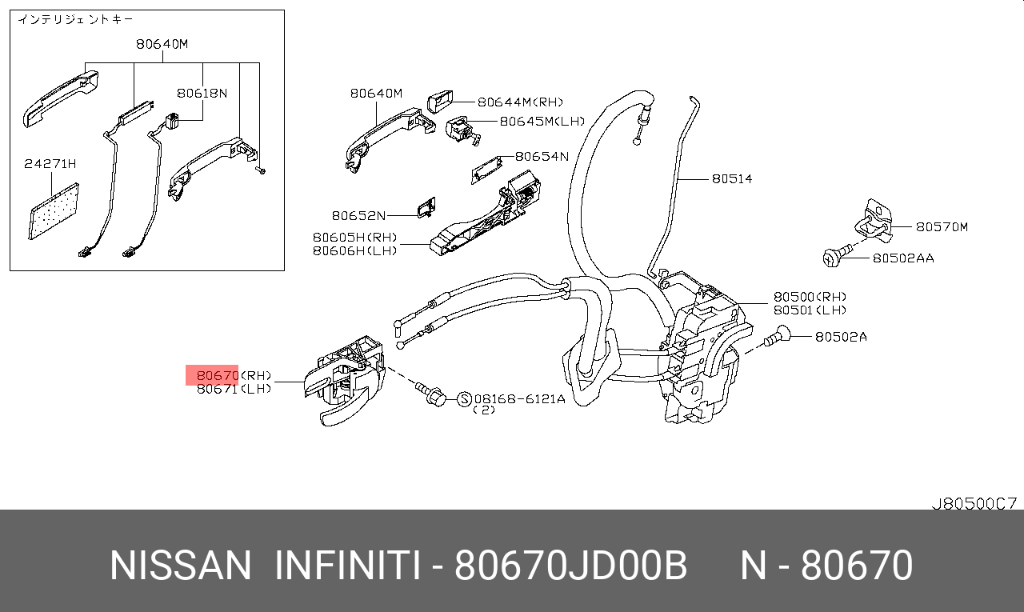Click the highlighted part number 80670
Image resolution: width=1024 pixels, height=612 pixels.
(x=217, y=376)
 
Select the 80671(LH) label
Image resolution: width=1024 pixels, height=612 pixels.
(x=234, y=389)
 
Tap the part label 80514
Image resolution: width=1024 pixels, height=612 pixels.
(x=732, y=178)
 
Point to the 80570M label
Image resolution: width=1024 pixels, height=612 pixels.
(x=942, y=226)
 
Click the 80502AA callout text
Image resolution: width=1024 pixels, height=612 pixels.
(x=903, y=258)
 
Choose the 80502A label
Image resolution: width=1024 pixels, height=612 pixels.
(x=841, y=337)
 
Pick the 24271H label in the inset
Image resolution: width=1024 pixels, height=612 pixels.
(x=50, y=164)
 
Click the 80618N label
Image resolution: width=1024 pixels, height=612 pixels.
(x=202, y=94)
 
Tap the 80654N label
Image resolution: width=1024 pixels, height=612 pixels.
(x=542, y=156)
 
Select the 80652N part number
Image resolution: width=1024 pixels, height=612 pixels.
(x=358, y=215)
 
